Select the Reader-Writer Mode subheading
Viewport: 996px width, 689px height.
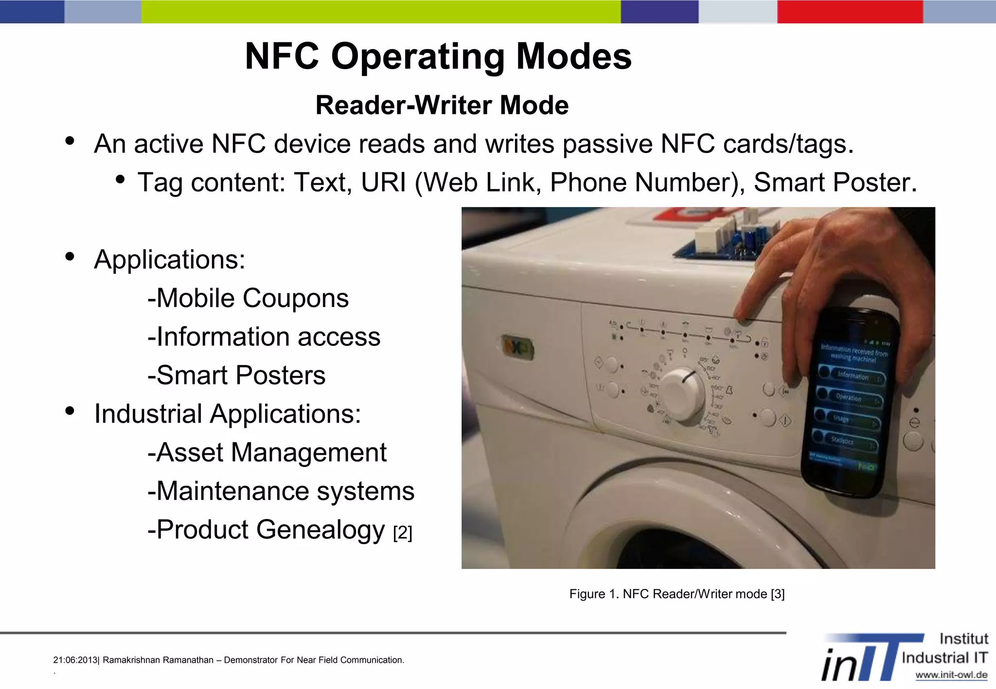pyautogui.click(x=442, y=105)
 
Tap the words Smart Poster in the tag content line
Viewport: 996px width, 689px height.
pyautogui.click(x=834, y=182)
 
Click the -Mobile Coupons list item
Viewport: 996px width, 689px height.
pyautogui.click(x=248, y=298)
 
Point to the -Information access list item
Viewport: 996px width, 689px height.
pyautogui.click(x=264, y=336)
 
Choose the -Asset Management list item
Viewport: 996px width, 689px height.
pyautogui.click(x=267, y=452)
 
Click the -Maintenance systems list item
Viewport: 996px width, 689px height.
pyautogui.click(x=281, y=491)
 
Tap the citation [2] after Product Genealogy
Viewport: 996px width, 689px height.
pyautogui.click(x=402, y=533)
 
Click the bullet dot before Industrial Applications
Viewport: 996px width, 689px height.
pyautogui.click(x=70, y=411)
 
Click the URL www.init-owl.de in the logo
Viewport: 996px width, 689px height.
pyautogui.click(x=951, y=674)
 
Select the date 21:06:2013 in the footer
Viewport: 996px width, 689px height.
pyautogui.click(x=75, y=660)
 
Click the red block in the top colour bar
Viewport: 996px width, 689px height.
pyautogui.click(x=850, y=11)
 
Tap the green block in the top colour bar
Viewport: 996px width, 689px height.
pyautogui.click(x=380, y=11)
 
